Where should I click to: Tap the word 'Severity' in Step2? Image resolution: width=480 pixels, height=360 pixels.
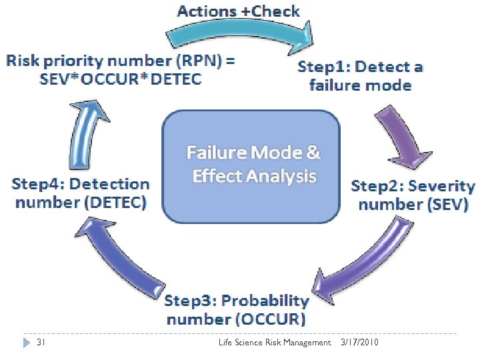[442, 186]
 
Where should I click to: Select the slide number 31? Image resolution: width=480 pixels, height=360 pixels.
[39, 343]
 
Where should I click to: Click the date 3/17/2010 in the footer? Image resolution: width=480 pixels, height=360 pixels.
[361, 343]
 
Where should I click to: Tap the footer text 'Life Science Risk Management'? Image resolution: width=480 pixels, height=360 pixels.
[275, 343]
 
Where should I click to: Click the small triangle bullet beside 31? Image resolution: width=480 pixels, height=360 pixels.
[26, 343]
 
